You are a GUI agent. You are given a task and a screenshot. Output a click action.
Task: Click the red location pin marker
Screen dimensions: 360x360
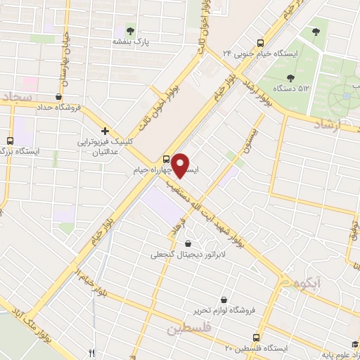(x=181, y=165)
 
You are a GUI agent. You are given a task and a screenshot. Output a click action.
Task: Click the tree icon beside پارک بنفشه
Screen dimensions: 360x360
(x=130, y=29)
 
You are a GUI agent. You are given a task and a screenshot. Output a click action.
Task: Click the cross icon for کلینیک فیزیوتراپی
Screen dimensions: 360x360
(x=105, y=130)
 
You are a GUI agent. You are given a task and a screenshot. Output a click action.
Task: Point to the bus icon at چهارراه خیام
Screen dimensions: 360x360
(x=167, y=157)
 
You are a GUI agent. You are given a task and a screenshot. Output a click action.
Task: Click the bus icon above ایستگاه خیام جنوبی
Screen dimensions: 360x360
(x=260, y=41)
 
